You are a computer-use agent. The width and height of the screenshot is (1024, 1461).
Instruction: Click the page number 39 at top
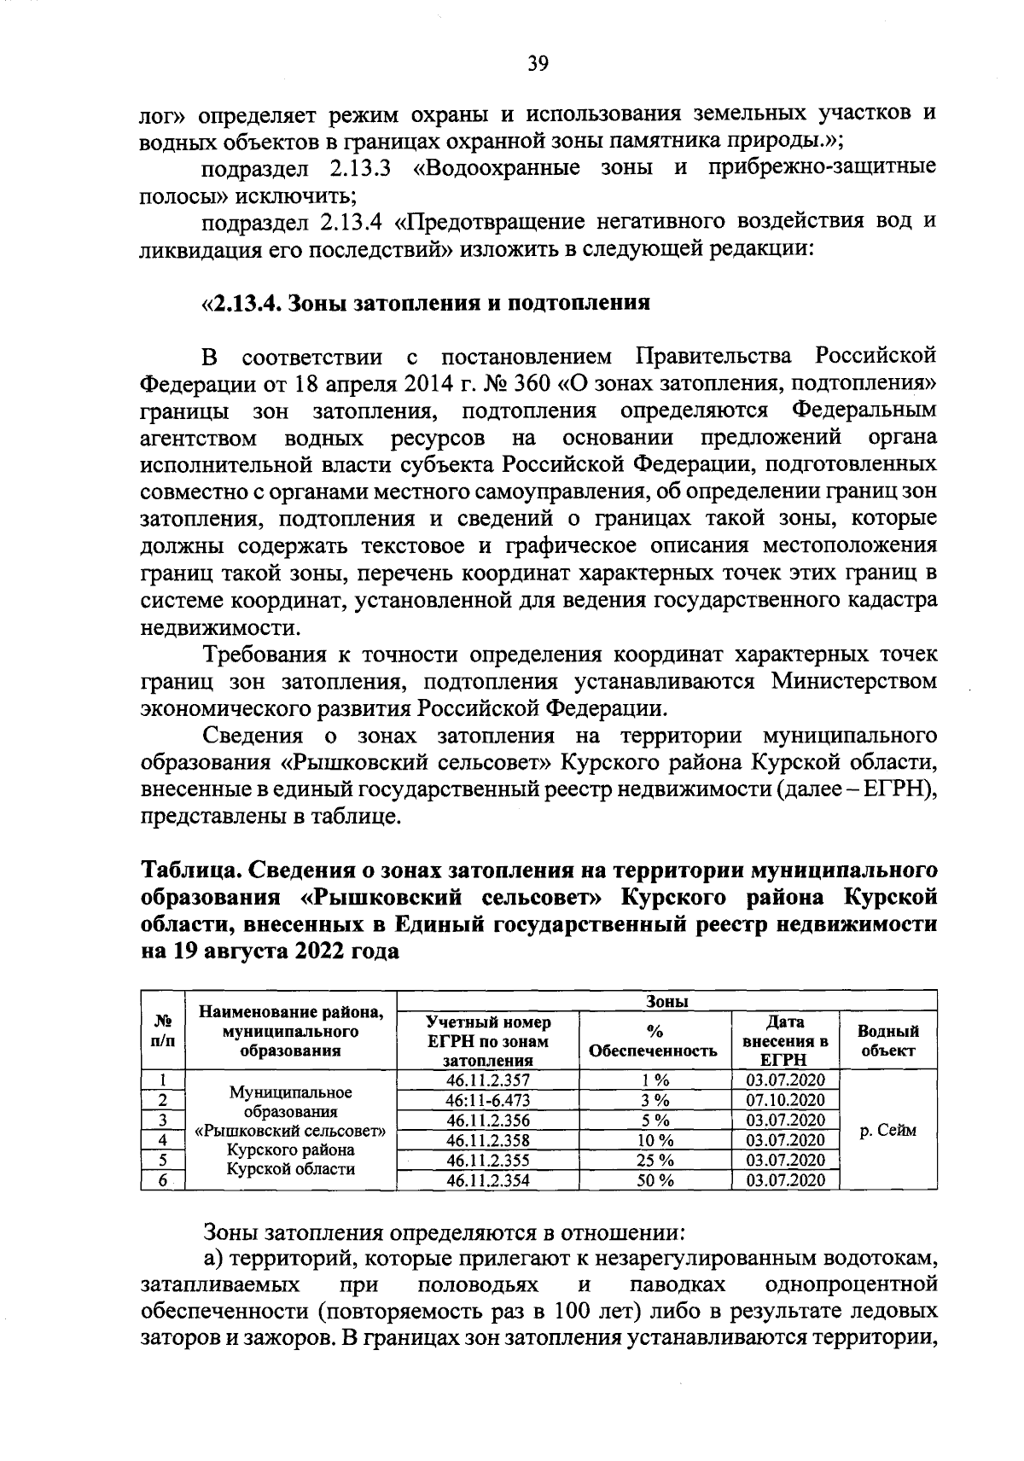click(538, 63)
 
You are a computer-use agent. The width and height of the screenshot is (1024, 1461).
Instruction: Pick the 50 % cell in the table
click(655, 1180)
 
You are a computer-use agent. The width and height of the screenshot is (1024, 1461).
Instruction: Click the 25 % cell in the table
click(655, 1161)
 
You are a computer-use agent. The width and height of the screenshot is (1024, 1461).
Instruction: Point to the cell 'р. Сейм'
click(887, 1130)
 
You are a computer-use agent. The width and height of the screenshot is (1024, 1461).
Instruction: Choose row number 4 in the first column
click(162, 1140)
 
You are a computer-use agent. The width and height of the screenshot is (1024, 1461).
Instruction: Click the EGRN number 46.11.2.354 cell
click(488, 1180)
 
